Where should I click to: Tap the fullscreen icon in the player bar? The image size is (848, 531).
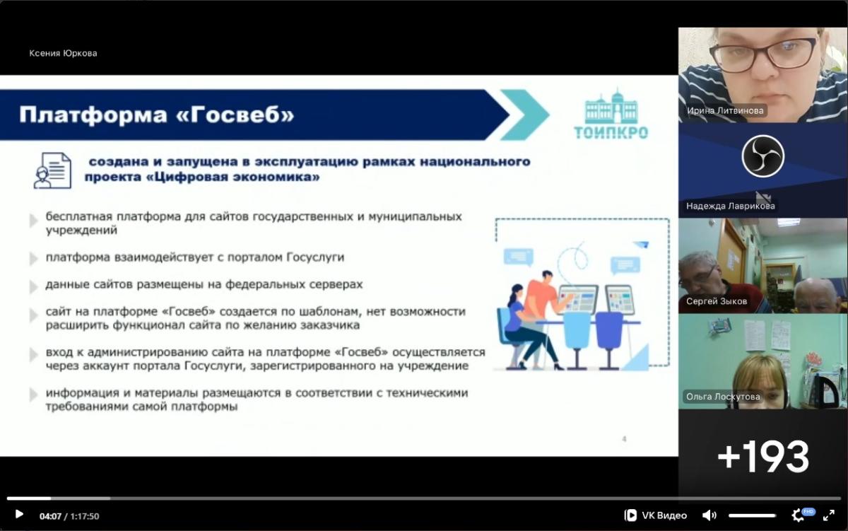click(x=829, y=515)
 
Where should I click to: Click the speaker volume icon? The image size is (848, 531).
click(x=709, y=515)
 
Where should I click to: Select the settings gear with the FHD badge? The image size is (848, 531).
click(x=799, y=515)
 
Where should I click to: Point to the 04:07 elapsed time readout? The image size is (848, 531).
click(x=50, y=516)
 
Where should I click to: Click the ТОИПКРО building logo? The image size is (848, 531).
click(x=611, y=114)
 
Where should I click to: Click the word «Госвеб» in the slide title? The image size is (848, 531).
click(x=235, y=115)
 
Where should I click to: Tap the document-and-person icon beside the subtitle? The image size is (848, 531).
click(x=52, y=170)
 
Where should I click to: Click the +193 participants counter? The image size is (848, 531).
click(x=762, y=456)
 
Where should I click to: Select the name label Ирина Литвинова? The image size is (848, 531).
click(x=725, y=110)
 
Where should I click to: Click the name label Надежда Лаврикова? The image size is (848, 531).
click(x=730, y=206)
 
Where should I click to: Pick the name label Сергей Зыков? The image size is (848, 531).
click(x=717, y=301)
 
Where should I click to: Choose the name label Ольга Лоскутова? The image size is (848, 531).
click(x=723, y=397)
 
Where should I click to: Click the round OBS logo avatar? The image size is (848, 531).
click(x=762, y=156)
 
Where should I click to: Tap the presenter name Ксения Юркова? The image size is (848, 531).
click(x=63, y=54)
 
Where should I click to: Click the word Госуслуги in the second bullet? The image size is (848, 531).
click(x=315, y=257)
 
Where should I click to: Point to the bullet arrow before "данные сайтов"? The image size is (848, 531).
click(x=34, y=286)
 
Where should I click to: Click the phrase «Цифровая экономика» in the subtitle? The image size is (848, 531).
click(x=232, y=177)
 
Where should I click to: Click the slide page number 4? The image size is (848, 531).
click(x=624, y=439)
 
